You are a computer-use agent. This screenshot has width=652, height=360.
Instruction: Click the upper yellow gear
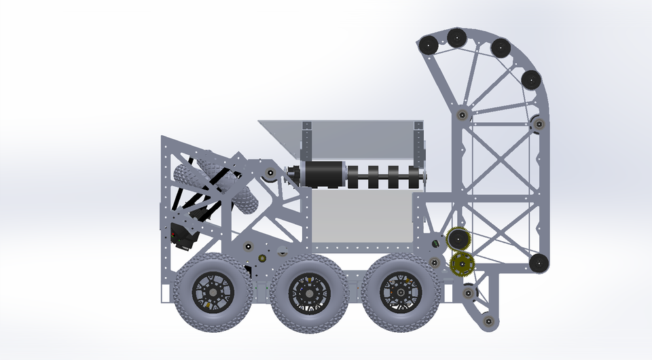[x=460, y=239]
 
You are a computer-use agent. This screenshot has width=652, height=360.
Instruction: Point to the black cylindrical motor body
[x=324, y=175]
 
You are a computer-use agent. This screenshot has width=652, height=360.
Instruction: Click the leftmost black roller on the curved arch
[x=429, y=45]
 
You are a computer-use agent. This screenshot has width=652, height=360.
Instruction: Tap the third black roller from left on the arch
[x=501, y=48]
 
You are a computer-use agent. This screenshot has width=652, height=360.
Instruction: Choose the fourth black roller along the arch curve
[x=530, y=79]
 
